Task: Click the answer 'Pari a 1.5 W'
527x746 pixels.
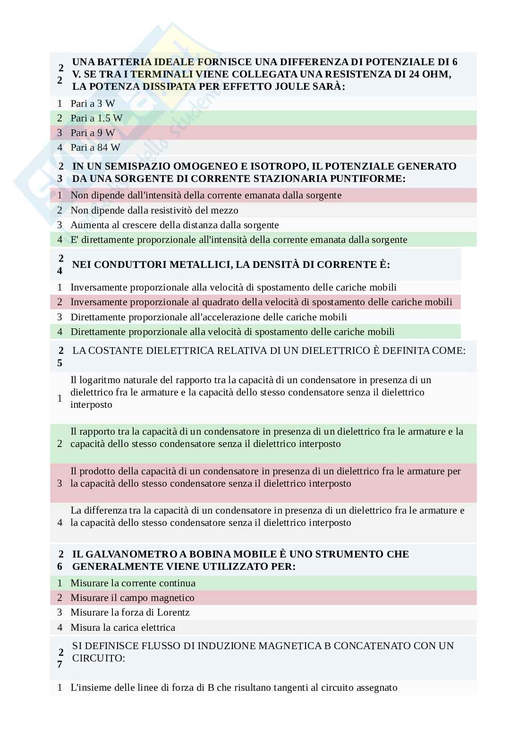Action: coord(96,118)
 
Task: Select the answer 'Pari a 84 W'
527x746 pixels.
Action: coord(95,147)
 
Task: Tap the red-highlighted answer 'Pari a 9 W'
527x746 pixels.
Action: coord(93,133)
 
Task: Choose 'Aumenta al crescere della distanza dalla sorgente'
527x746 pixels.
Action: coord(174,225)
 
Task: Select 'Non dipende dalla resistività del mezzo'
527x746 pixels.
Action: coord(154,210)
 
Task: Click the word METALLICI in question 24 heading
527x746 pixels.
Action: coord(198,265)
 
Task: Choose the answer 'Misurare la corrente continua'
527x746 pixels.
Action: coord(133,583)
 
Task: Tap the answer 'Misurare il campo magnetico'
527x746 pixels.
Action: coord(132,598)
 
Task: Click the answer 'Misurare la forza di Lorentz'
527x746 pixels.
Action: coord(130,612)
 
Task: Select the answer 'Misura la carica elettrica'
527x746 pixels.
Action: coord(122,627)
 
